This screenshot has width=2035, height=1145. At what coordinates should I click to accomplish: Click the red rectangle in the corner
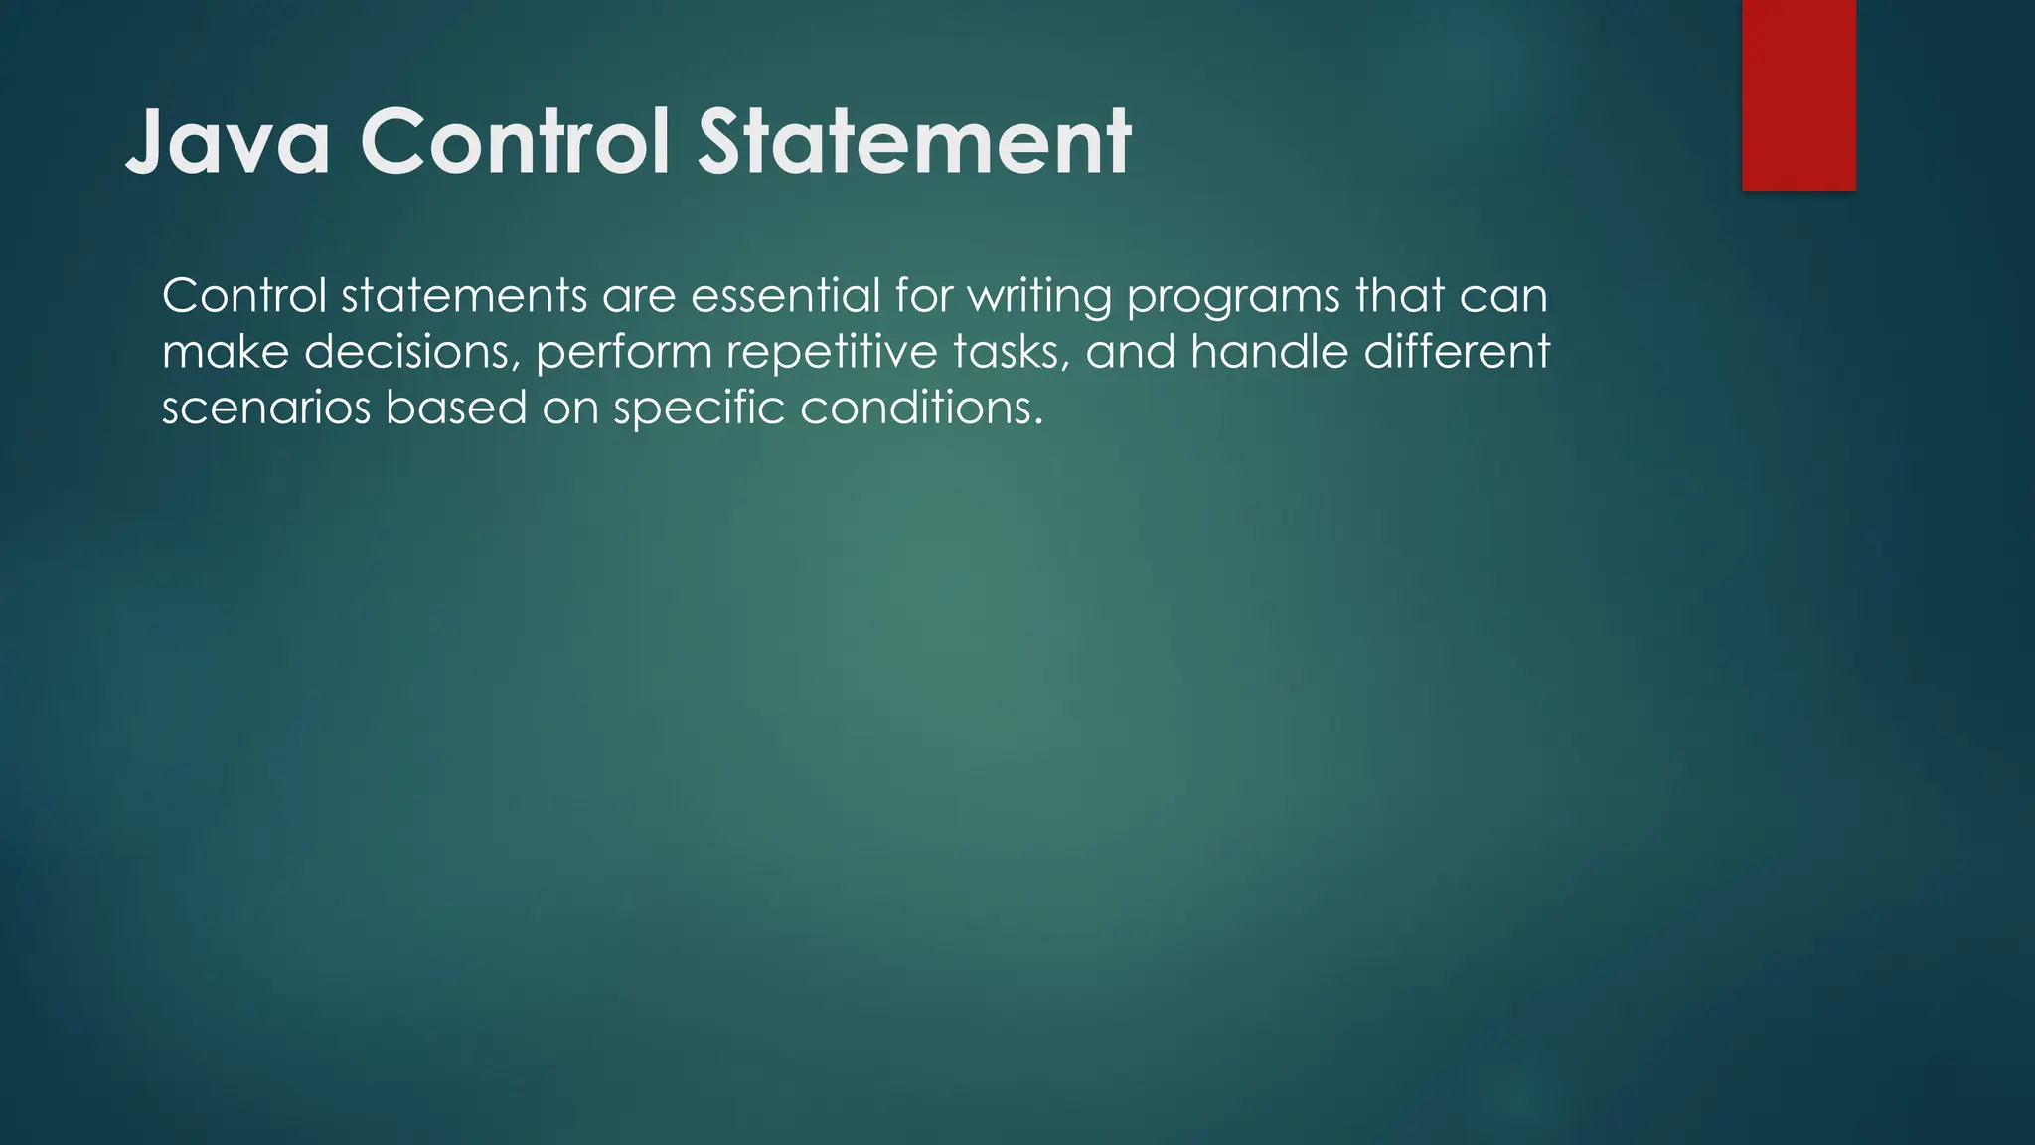(x=1799, y=94)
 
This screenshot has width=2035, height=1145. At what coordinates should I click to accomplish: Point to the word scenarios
(x=265, y=408)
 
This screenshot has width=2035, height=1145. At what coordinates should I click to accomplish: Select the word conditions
(x=921, y=408)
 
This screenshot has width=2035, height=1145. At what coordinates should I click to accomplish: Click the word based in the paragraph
(x=456, y=408)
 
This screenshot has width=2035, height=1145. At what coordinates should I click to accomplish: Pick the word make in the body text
(x=226, y=352)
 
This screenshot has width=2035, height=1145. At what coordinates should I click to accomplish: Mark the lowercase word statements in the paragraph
(x=464, y=296)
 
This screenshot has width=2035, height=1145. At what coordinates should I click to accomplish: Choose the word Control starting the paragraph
(x=244, y=296)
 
